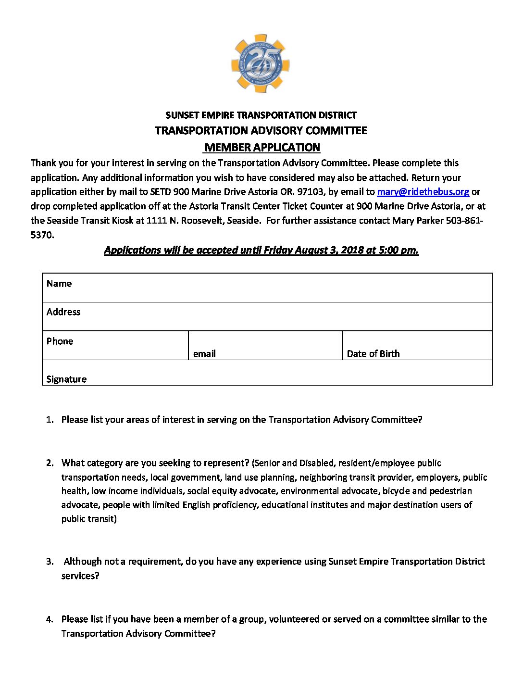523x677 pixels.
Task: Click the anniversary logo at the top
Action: (261, 63)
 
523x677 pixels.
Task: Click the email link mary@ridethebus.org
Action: (423, 192)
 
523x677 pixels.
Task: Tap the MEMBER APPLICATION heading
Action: (262, 147)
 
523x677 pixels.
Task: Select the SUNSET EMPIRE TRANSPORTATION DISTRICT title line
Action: (261, 115)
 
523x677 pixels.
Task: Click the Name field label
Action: (59, 284)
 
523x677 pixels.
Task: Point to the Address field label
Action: (63, 312)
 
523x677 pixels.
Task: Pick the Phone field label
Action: (60, 341)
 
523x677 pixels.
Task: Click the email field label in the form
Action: (204, 354)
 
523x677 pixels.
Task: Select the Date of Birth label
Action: (373, 354)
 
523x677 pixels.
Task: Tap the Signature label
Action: (66, 379)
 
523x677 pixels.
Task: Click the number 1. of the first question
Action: (50, 420)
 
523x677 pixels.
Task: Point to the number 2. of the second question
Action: (50, 463)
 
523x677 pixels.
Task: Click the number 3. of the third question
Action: (50, 562)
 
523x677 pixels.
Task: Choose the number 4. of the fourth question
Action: (50, 619)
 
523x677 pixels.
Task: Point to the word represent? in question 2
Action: (226, 463)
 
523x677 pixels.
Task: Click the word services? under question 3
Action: (80, 576)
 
